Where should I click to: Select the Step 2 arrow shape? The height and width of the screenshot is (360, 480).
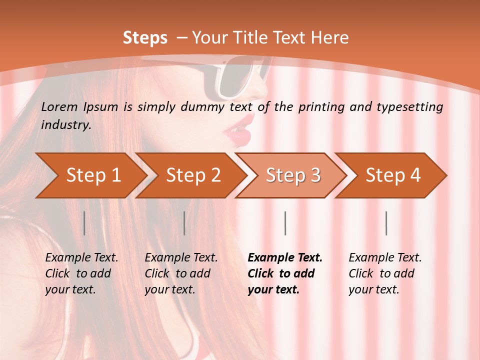193,175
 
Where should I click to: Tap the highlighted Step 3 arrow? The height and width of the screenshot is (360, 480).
293,175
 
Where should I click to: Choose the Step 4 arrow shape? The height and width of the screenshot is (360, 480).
393,175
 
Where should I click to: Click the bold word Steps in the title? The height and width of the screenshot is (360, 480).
145,38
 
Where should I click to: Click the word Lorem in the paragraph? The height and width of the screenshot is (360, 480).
59,106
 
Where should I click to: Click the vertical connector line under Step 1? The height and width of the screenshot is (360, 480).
84,223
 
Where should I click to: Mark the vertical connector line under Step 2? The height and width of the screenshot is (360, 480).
184,223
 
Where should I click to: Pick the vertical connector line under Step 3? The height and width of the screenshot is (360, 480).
285,223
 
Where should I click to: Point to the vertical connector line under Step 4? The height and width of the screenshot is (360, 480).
386,223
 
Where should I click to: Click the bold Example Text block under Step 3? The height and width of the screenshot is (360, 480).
285,273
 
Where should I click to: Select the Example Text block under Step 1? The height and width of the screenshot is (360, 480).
81,273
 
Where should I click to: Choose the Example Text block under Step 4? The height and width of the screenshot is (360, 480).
385,273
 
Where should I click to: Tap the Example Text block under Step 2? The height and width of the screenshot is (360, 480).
181,273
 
